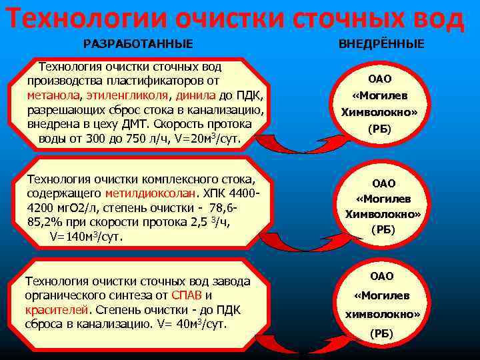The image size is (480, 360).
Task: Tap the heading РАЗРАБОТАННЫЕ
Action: click(x=138, y=45)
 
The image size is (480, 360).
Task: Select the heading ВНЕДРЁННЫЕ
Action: click(x=381, y=45)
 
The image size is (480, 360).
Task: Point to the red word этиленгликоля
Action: click(x=125, y=95)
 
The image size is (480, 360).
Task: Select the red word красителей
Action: click(x=57, y=310)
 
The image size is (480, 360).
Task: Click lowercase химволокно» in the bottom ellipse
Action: click(x=383, y=313)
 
